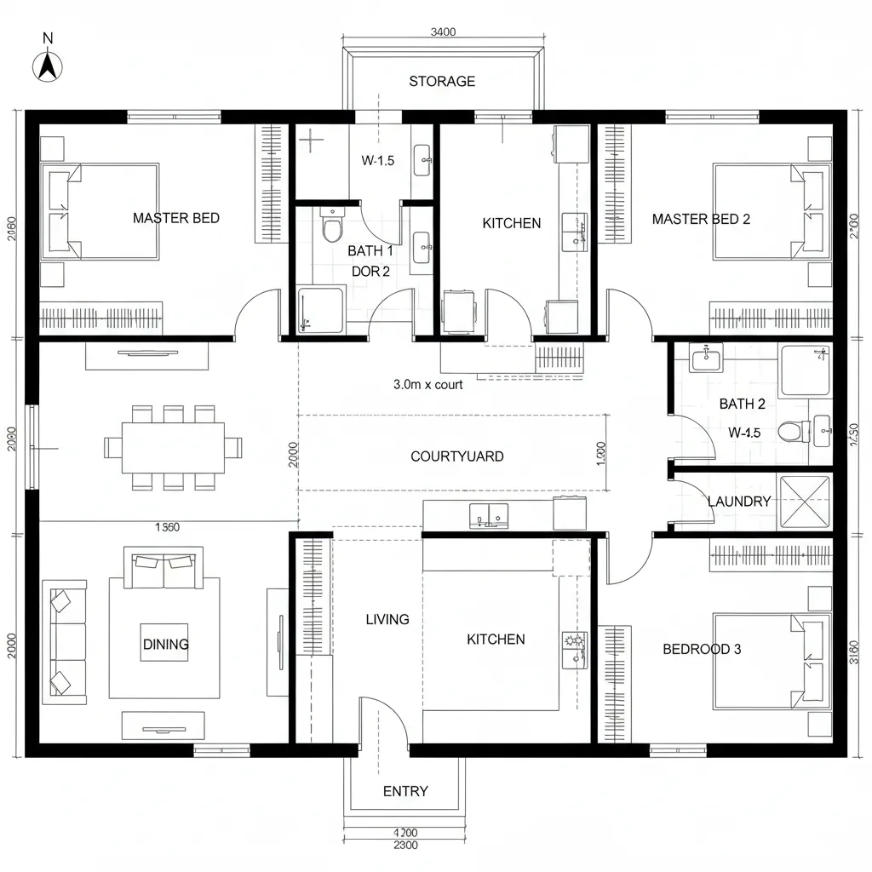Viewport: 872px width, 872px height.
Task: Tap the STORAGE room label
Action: pyautogui.click(x=441, y=82)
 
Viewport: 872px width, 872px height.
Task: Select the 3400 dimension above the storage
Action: pyautogui.click(x=443, y=32)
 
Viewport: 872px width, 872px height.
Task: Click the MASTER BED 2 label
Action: pyautogui.click(x=701, y=219)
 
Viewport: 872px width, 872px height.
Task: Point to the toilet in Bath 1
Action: pyautogui.click(x=331, y=227)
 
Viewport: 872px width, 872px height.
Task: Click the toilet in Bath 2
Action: pyautogui.click(x=792, y=432)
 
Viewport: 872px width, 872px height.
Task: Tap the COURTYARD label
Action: pyautogui.click(x=456, y=456)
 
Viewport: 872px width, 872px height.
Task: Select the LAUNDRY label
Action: pyautogui.click(x=738, y=502)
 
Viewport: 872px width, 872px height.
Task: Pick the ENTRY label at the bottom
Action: pyautogui.click(x=405, y=791)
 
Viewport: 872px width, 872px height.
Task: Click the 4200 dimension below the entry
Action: pyautogui.click(x=405, y=833)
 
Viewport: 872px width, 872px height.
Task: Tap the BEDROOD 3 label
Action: pyautogui.click(x=702, y=649)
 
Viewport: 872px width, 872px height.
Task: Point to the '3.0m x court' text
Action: pyautogui.click(x=428, y=384)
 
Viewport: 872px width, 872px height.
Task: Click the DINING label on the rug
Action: pyautogui.click(x=165, y=644)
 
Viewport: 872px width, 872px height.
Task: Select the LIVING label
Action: pyautogui.click(x=387, y=619)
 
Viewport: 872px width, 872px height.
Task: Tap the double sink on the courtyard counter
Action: pyautogui.click(x=488, y=513)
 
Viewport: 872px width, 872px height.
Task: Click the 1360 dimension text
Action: pyautogui.click(x=167, y=527)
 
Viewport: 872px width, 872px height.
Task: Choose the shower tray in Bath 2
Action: pyautogui.click(x=806, y=370)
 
